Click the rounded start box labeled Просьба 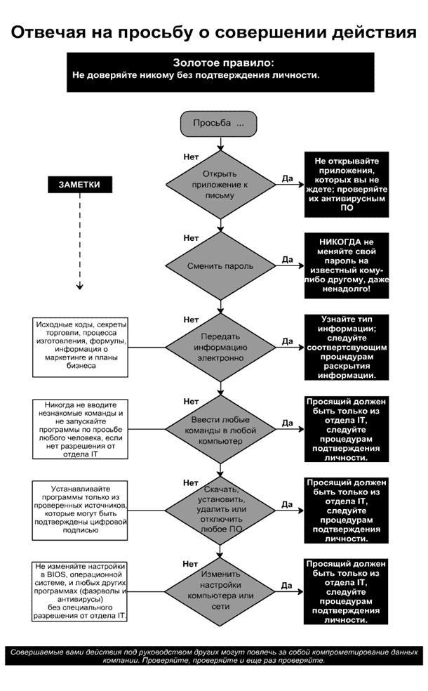(221, 123)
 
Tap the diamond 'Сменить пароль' (221, 266)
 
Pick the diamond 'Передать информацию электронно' (221, 347)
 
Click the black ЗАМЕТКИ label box (79, 185)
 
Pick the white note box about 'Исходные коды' (80, 347)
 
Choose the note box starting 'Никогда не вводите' (80, 429)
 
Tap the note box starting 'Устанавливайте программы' (80, 511)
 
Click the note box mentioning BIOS (80, 591)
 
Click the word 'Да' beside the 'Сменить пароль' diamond (287, 259)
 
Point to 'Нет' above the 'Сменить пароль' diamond (191, 238)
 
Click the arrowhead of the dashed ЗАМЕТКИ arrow (80, 287)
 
